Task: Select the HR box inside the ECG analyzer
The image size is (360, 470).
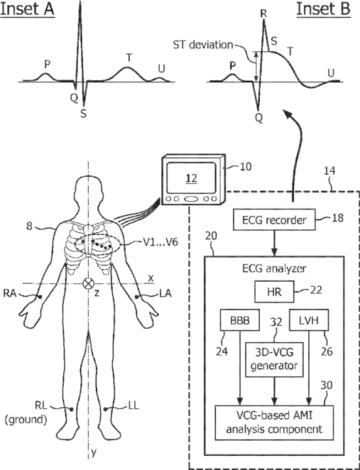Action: [274, 292]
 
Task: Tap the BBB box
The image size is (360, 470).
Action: [239, 320]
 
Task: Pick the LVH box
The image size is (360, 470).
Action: [309, 320]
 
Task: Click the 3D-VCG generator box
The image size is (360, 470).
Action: [274, 360]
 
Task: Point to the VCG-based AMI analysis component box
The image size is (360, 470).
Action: [274, 422]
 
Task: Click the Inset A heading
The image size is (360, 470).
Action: [27, 9]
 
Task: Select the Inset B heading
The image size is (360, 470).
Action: [323, 9]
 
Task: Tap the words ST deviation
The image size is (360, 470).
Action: [203, 45]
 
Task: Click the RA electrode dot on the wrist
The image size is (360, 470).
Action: [40, 297]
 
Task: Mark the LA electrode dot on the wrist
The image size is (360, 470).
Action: [136, 297]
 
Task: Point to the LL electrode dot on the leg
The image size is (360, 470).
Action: [105, 409]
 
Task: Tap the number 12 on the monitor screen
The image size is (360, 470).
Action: [191, 178]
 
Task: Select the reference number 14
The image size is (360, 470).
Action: [329, 171]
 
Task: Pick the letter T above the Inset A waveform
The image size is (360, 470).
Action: [129, 57]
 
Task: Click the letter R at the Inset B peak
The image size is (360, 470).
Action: [263, 13]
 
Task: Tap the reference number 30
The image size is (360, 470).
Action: [326, 386]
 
